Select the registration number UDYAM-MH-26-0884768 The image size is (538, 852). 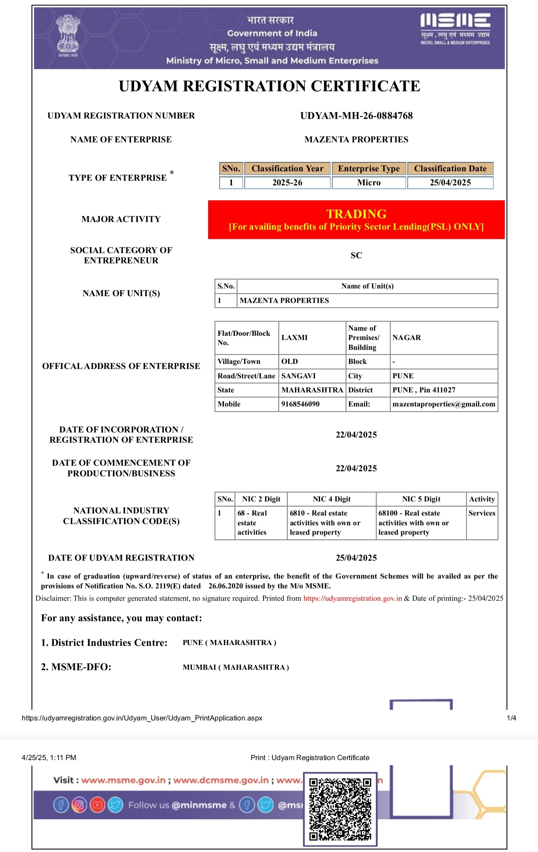356,116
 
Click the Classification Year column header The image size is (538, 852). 287,169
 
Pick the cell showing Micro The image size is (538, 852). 369,183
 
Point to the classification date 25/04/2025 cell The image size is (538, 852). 450,183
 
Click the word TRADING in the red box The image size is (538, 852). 356,214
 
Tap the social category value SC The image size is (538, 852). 356,256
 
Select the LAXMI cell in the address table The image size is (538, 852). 295,338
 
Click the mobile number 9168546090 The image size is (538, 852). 300,404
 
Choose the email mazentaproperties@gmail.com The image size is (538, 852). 444,404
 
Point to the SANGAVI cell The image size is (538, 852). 298,376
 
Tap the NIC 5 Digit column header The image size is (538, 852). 421,499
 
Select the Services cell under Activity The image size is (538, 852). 482,513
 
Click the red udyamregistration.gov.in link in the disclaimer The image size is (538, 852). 352,599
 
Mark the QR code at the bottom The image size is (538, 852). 340,809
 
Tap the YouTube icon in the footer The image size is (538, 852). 97,805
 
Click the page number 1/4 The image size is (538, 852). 511,718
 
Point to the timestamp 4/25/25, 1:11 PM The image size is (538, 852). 49,758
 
